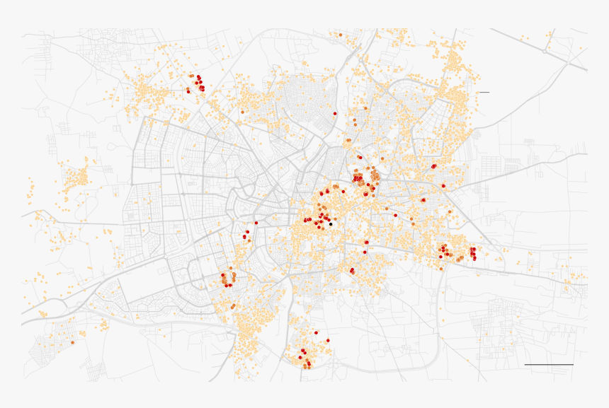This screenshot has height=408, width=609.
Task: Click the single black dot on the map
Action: point(330,224)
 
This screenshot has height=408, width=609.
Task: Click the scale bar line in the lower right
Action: point(549,365)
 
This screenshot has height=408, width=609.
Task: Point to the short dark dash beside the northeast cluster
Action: point(484,92)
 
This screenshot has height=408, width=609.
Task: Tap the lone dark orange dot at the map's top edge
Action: point(340,34)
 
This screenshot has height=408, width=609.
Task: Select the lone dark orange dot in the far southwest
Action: point(72,343)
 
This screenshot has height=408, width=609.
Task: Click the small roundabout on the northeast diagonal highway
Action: point(545,51)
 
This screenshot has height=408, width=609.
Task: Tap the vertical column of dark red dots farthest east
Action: point(473,252)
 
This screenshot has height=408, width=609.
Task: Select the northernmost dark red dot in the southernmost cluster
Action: point(316,332)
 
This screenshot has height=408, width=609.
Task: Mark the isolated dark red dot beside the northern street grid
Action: point(335,113)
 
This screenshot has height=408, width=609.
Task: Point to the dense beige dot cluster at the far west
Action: point(76,177)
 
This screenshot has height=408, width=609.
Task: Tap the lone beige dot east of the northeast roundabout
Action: point(581,48)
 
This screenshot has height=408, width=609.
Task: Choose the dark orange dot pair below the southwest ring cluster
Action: point(232,305)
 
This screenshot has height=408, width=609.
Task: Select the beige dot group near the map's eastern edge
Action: point(572,279)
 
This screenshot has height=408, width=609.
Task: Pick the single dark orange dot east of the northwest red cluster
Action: point(242,112)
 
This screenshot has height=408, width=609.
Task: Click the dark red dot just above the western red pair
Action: point(256,223)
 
